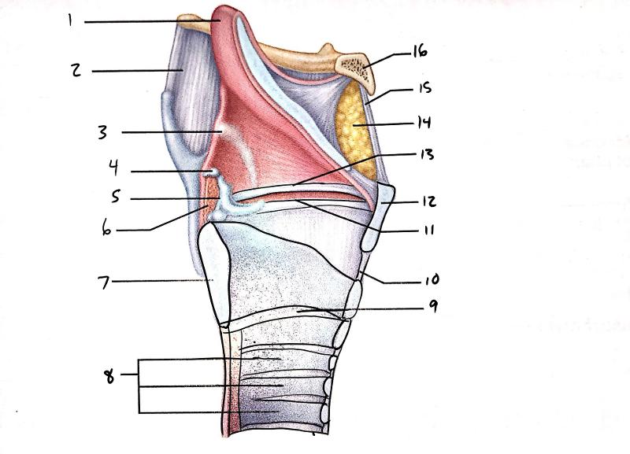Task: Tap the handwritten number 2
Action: [x=76, y=71]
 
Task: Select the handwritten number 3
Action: [x=102, y=132]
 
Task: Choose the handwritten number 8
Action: [x=109, y=376]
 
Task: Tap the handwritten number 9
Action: [x=432, y=308]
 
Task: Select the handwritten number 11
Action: [x=428, y=231]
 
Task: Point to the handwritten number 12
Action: [x=428, y=201]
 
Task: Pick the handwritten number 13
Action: [x=428, y=155]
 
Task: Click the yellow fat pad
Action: [x=353, y=126]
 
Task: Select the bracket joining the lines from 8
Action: [x=140, y=386]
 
